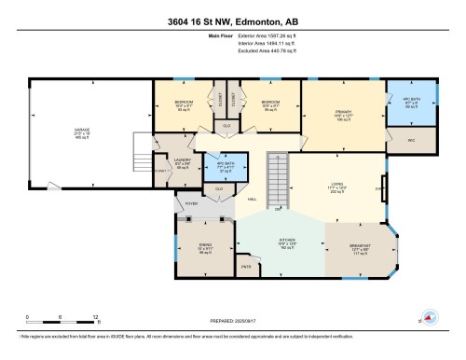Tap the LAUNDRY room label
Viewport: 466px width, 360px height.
point(169,160)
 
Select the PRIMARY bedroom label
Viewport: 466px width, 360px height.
point(342,114)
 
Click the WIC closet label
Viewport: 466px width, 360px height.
point(412,140)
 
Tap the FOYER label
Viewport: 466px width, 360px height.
point(191,202)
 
